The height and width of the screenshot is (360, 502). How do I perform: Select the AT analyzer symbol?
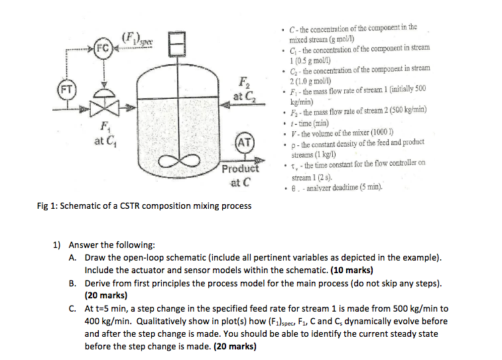pyautogui.click(x=243, y=143)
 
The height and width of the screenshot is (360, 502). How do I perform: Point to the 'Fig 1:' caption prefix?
pyautogui.click(x=47, y=206)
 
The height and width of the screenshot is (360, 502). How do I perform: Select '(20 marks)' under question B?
pyautogui.click(x=106, y=296)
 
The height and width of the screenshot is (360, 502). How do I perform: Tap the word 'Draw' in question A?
pyautogui.click(x=96, y=257)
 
